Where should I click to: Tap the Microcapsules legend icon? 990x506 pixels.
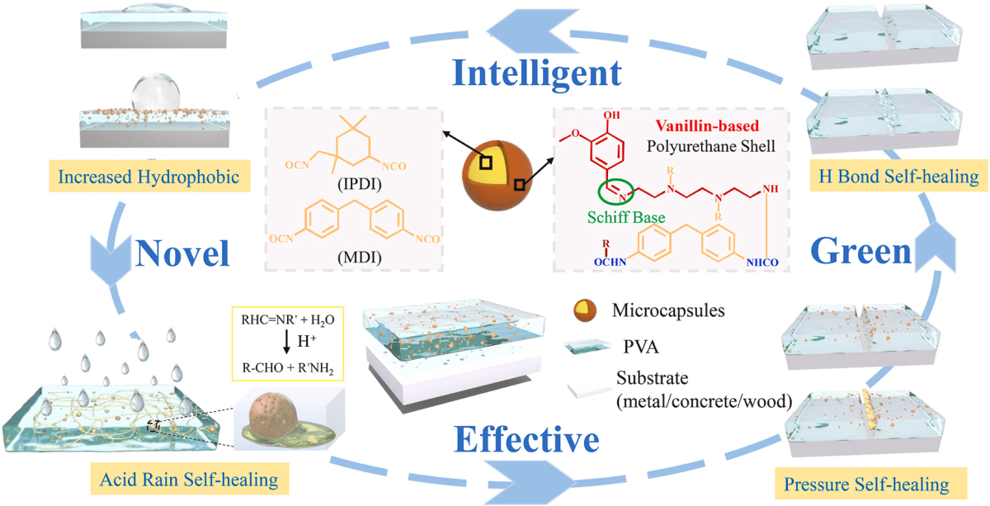587,310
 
